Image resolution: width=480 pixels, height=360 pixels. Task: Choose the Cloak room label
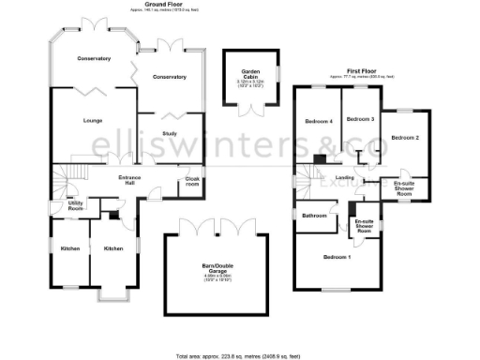coord(192,182)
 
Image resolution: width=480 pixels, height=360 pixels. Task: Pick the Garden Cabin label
coord(250,73)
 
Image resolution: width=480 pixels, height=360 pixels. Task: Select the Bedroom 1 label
coord(337,257)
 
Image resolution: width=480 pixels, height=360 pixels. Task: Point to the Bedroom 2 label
coord(405,138)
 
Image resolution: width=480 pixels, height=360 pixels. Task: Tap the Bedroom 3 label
coord(360,120)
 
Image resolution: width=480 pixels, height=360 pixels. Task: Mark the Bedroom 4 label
coord(319,122)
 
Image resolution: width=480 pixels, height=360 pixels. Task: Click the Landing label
coord(344,177)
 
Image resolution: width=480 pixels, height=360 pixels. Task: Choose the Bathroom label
coord(313,216)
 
